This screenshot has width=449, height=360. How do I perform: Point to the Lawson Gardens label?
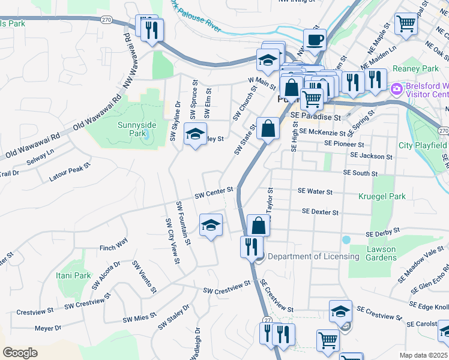[x=381, y=253]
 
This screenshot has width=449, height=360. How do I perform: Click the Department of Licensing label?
[x=313, y=256]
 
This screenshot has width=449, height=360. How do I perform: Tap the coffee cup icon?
[x=315, y=40]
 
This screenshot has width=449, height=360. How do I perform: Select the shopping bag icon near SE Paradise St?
[x=267, y=128]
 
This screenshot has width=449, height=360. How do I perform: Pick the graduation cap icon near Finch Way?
[x=210, y=226]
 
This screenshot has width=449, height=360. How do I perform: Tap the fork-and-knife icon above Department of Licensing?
[x=252, y=247]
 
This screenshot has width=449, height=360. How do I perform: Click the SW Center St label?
[x=214, y=193]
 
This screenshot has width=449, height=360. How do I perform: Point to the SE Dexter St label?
[x=321, y=212]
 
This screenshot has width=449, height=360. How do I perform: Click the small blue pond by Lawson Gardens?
[x=346, y=239]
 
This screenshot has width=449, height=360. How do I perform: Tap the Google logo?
[x=20, y=352]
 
